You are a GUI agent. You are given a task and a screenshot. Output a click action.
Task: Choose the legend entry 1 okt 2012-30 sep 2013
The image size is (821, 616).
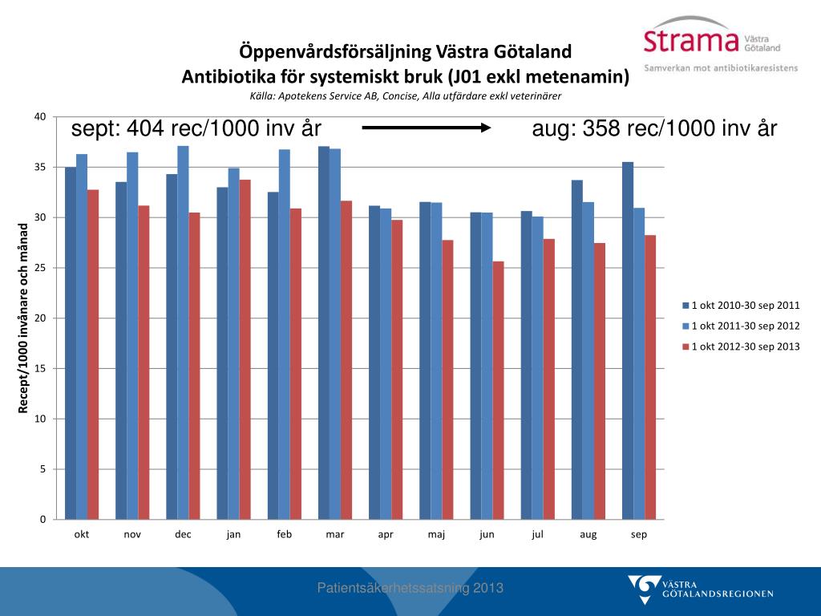tap(741, 346)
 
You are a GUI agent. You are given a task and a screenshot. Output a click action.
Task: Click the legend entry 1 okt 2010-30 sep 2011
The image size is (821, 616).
tap(741, 306)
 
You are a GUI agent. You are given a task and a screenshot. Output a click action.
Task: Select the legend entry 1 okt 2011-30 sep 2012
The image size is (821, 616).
tap(741, 326)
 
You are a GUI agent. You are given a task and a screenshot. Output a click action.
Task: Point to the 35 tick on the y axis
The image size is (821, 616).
tap(39, 168)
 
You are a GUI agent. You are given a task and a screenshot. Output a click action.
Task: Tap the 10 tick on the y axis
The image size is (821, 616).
tap(39, 419)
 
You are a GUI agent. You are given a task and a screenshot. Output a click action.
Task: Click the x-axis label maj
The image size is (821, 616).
tap(436, 535)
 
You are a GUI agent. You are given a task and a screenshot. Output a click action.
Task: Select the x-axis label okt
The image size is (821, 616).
tap(82, 535)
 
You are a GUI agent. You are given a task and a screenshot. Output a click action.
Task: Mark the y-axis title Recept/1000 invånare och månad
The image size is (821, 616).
tap(24, 318)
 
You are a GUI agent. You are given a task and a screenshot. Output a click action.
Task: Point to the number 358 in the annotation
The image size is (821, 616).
tap(604, 128)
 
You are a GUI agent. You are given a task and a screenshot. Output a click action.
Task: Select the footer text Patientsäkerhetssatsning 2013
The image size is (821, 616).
tap(410, 588)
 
